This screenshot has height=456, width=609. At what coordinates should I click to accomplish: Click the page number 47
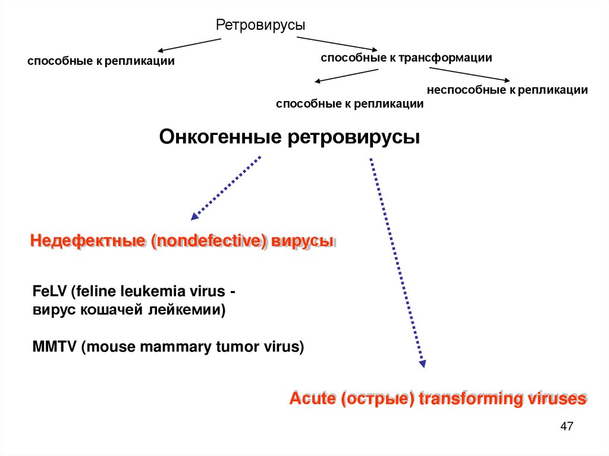(x=566, y=427)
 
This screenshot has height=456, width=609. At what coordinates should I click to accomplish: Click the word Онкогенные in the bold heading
(x=221, y=137)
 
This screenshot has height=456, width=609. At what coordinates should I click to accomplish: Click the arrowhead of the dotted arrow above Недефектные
(x=194, y=217)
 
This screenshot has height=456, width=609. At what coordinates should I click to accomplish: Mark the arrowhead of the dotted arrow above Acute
(x=422, y=364)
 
